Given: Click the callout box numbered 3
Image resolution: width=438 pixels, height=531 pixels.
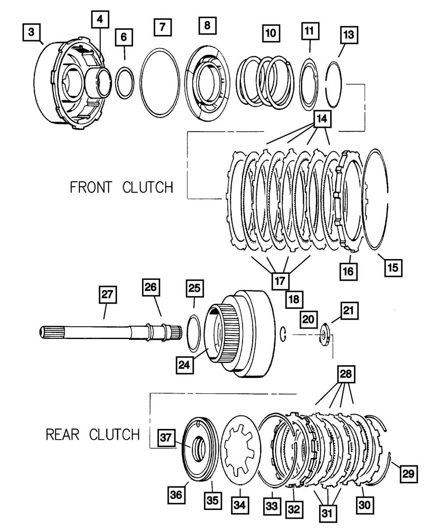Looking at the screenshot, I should pos(31,33).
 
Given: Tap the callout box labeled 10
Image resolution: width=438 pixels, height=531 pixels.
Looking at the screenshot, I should pos(271,33).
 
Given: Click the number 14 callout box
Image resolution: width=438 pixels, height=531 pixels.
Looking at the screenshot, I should pos(321,119).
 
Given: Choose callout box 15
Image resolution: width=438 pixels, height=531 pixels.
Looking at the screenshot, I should pos(393,267).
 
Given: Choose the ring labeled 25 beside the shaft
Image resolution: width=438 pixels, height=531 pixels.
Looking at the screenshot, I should pos(194,333).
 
